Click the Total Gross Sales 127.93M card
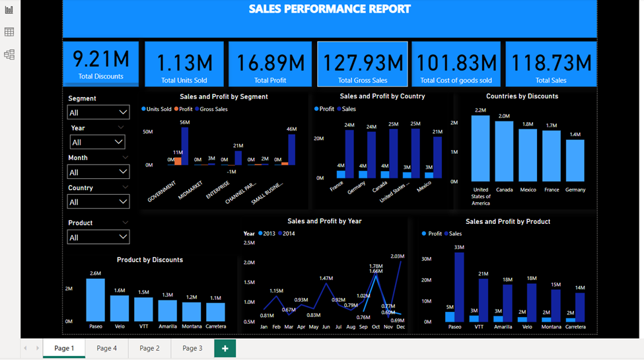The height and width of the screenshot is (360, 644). pyautogui.click(x=362, y=64)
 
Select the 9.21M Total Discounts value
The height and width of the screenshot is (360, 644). pyautogui.click(x=101, y=59)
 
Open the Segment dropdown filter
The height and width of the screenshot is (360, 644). pyautogui.click(x=98, y=112)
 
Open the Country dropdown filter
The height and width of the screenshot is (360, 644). pyautogui.click(x=98, y=202)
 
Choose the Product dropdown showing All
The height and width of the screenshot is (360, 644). pyautogui.click(x=98, y=237)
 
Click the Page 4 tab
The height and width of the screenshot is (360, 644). pyautogui.click(x=106, y=348)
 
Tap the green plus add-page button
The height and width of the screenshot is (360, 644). pyautogui.click(x=225, y=348)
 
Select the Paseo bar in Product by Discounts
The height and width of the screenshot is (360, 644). pyautogui.click(x=95, y=300)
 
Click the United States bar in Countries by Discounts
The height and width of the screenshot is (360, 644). pyautogui.click(x=480, y=149)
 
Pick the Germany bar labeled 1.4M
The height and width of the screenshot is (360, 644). pyautogui.click(x=575, y=161)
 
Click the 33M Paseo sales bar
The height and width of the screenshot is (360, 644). pyautogui.click(x=459, y=287)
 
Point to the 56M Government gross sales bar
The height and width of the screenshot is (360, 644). pyautogui.click(x=185, y=146)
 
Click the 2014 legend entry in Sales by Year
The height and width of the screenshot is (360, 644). pyautogui.click(x=287, y=234)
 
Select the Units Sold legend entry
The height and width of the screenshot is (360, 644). pyautogui.click(x=157, y=109)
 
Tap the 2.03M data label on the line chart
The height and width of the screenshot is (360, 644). pyautogui.click(x=398, y=256)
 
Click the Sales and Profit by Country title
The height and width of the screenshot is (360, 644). pyautogui.click(x=382, y=96)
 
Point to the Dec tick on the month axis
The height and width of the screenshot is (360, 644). pyautogui.click(x=401, y=327)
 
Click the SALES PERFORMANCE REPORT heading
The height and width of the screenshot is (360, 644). pyautogui.click(x=330, y=9)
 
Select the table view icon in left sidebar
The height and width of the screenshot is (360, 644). pyautogui.click(x=9, y=32)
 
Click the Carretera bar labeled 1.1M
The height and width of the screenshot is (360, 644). pyautogui.click(x=215, y=312)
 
